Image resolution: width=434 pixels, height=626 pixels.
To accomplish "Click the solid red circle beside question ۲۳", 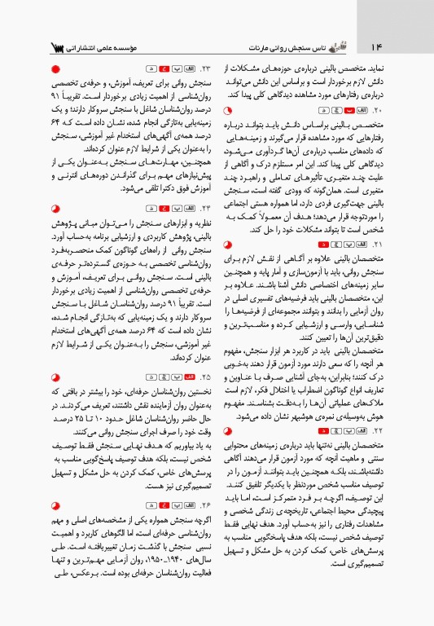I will pos(55,70).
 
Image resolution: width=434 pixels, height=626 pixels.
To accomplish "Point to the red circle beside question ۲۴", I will pos(55,210).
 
